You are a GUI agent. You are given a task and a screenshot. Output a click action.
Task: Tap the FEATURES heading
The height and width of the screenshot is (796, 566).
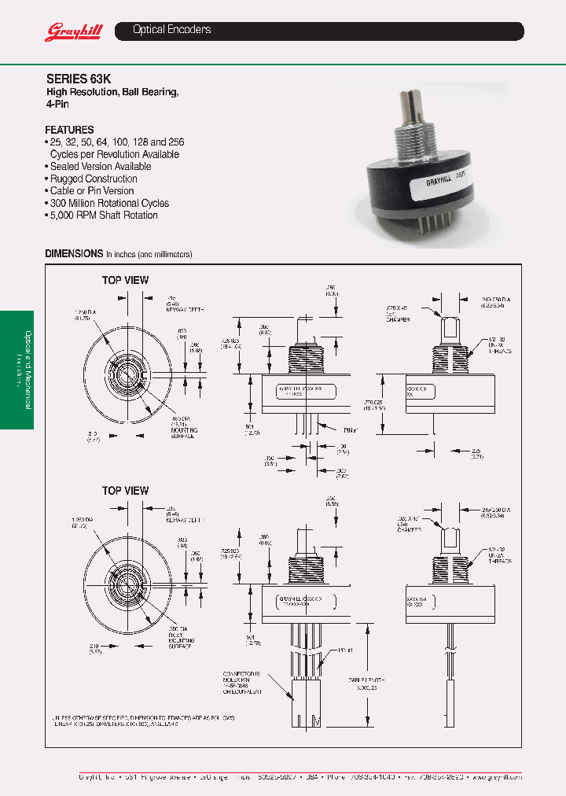(69, 130)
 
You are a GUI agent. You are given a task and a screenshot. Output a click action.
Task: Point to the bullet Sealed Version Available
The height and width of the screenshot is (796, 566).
(100, 167)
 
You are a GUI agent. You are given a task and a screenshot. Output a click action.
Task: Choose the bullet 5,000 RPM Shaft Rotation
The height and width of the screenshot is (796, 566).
(103, 216)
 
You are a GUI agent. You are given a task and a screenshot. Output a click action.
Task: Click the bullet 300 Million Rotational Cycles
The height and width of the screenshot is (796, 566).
(109, 203)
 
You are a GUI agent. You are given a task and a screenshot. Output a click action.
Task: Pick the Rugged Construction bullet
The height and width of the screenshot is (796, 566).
(94, 179)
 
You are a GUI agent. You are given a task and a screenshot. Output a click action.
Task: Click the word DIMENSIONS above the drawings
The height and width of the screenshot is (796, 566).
(74, 254)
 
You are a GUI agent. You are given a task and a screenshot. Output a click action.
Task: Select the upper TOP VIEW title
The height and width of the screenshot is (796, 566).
(125, 280)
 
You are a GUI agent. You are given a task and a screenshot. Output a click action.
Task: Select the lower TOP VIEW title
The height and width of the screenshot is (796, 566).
(125, 491)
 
